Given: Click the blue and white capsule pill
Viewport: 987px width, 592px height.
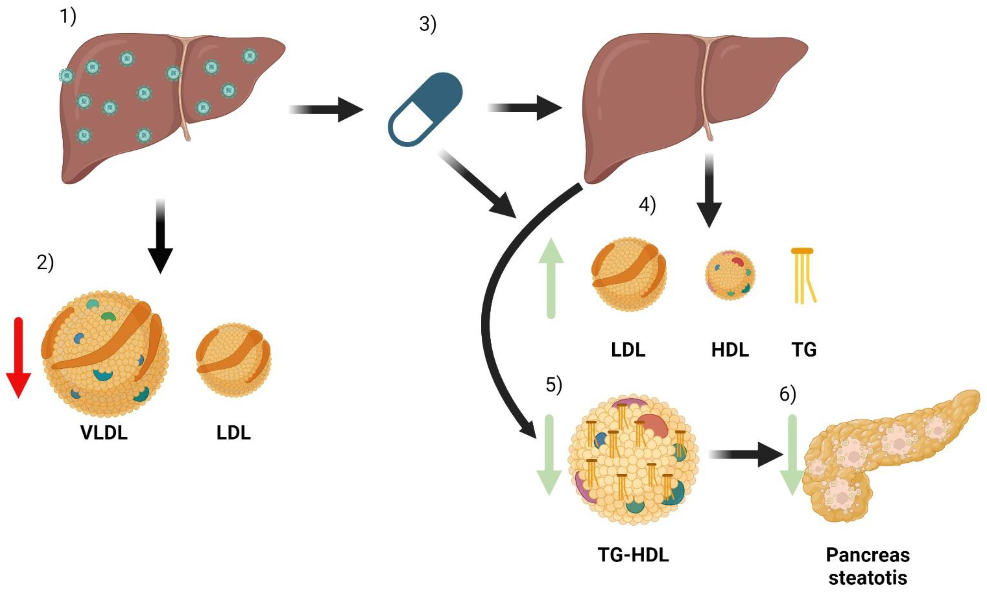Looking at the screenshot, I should (425, 109).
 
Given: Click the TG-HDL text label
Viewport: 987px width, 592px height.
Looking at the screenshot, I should (633, 555).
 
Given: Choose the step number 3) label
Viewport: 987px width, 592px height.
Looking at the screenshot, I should (428, 25).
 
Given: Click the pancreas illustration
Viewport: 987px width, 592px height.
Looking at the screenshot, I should (890, 455).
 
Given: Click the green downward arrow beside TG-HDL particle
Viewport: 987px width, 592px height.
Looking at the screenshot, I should (549, 455).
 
